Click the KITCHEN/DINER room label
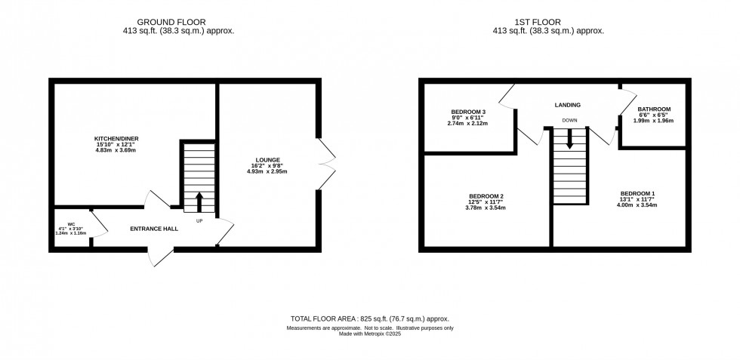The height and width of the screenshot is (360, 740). click(x=116, y=139)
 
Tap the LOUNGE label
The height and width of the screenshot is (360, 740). click(x=268, y=160)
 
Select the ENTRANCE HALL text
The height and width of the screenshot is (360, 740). click(x=154, y=228)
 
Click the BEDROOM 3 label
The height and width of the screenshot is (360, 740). click(x=467, y=112)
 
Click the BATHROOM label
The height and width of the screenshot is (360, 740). click(x=654, y=109)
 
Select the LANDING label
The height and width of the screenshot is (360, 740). click(x=567, y=105)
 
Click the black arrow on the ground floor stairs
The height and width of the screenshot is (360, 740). click(x=200, y=202)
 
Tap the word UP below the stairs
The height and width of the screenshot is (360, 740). click(x=200, y=221)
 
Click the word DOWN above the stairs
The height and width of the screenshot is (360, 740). click(x=569, y=121)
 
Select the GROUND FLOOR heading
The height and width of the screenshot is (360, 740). click(x=171, y=23)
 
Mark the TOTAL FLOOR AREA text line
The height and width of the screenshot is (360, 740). click(x=370, y=319)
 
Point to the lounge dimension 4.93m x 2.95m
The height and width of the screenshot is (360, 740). click(x=268, y=171)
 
